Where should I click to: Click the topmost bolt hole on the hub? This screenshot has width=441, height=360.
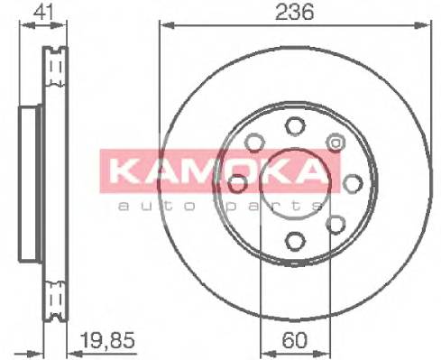[293, 126]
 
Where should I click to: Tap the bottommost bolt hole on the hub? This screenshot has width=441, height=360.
[295, 240]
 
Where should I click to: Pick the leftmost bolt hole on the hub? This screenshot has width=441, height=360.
[238, 183]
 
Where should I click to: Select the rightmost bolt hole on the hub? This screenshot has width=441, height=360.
[350, 182]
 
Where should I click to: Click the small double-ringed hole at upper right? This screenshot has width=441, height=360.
[335, 142]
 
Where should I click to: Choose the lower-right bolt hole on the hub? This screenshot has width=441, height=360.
[335, 223]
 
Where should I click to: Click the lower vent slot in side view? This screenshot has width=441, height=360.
[55, 292]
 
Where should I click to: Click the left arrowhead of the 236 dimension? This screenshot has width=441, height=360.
[164, 26]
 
